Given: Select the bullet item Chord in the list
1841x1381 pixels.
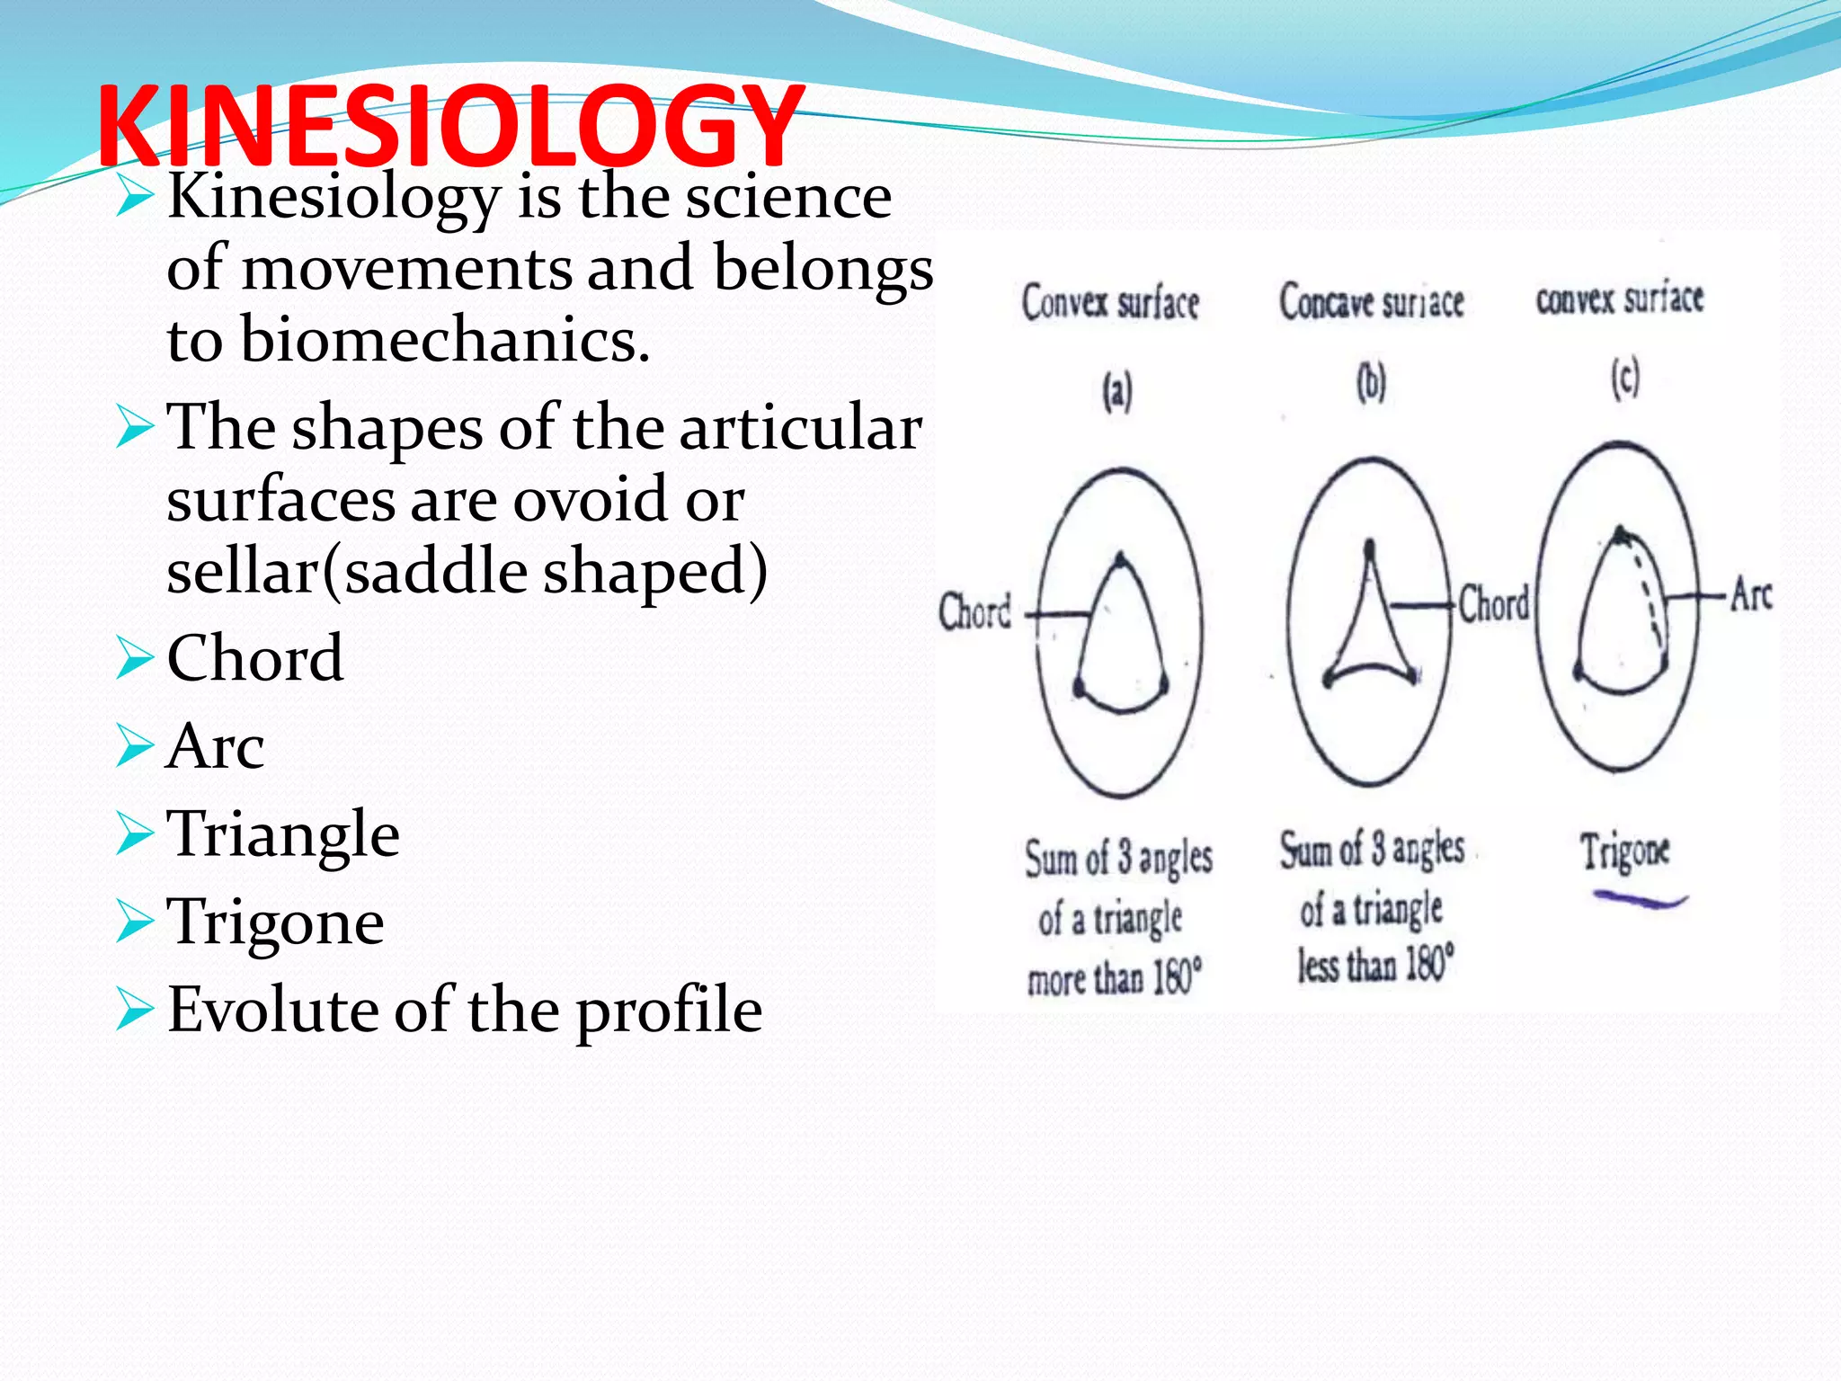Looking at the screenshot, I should (x=255, y=658).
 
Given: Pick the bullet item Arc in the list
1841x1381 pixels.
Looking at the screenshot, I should (x=216, y=746).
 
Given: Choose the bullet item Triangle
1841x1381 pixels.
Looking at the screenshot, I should (x=283, y=834).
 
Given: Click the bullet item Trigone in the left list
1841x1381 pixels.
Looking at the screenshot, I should (x=276, y=922).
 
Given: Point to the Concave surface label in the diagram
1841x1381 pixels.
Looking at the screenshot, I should (x=1372, y=302).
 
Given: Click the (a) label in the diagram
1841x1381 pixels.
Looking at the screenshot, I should (x=1117, y=392).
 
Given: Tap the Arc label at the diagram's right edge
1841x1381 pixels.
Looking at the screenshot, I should (x=1751, y=595).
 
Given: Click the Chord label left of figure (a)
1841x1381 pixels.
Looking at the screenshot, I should (x=974, y=611).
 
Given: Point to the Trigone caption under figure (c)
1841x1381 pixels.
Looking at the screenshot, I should (x=1625, y=851).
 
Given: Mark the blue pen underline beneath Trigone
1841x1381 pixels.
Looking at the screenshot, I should (x=1640, y=899).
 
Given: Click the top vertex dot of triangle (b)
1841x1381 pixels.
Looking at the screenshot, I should (x=1369, y=546).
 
